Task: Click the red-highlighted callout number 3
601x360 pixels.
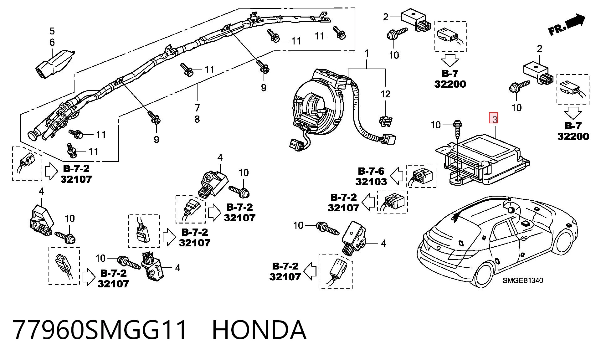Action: pyautogui.click(x=494, y=119)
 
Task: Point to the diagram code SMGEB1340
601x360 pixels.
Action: pyautogui.click(x=523, y=280)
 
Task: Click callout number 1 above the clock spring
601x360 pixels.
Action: pyautogui.click(x=367, y=54)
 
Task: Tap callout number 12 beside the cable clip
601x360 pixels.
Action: pyautogui.click(x=385, y=94)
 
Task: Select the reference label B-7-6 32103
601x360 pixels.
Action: pyautogui.click(x=371, y=176)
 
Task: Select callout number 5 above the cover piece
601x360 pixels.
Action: pyautogui.click(x=52, y=31)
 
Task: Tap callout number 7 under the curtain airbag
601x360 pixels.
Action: pyautogui.click(x=197, y=108)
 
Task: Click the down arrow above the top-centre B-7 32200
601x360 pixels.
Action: pyautogui.click(x=450, y=60)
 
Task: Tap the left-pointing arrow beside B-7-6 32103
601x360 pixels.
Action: pyautogui.click(x=397, y=176)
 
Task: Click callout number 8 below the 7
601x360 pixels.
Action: pyautogui.click(x=197, y=119)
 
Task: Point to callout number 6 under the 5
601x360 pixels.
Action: pyautogui.click(x=52, y=42)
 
